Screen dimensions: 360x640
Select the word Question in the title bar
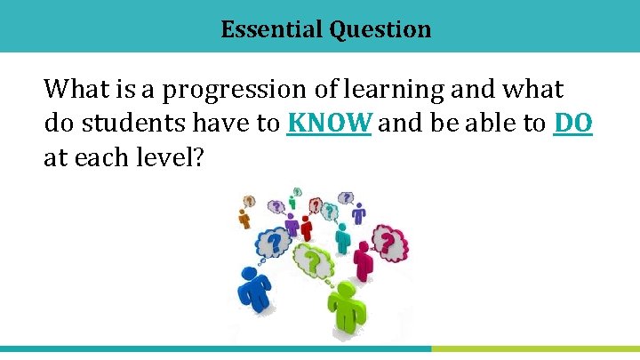tap(380, 29)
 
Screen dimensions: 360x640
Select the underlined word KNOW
tap(329, 124)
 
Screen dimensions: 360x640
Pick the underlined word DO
tap(572, 124)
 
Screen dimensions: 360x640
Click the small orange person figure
tap(245, 218)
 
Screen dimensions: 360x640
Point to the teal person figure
tap(342, 238)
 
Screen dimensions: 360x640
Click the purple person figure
tap(358, 213)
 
